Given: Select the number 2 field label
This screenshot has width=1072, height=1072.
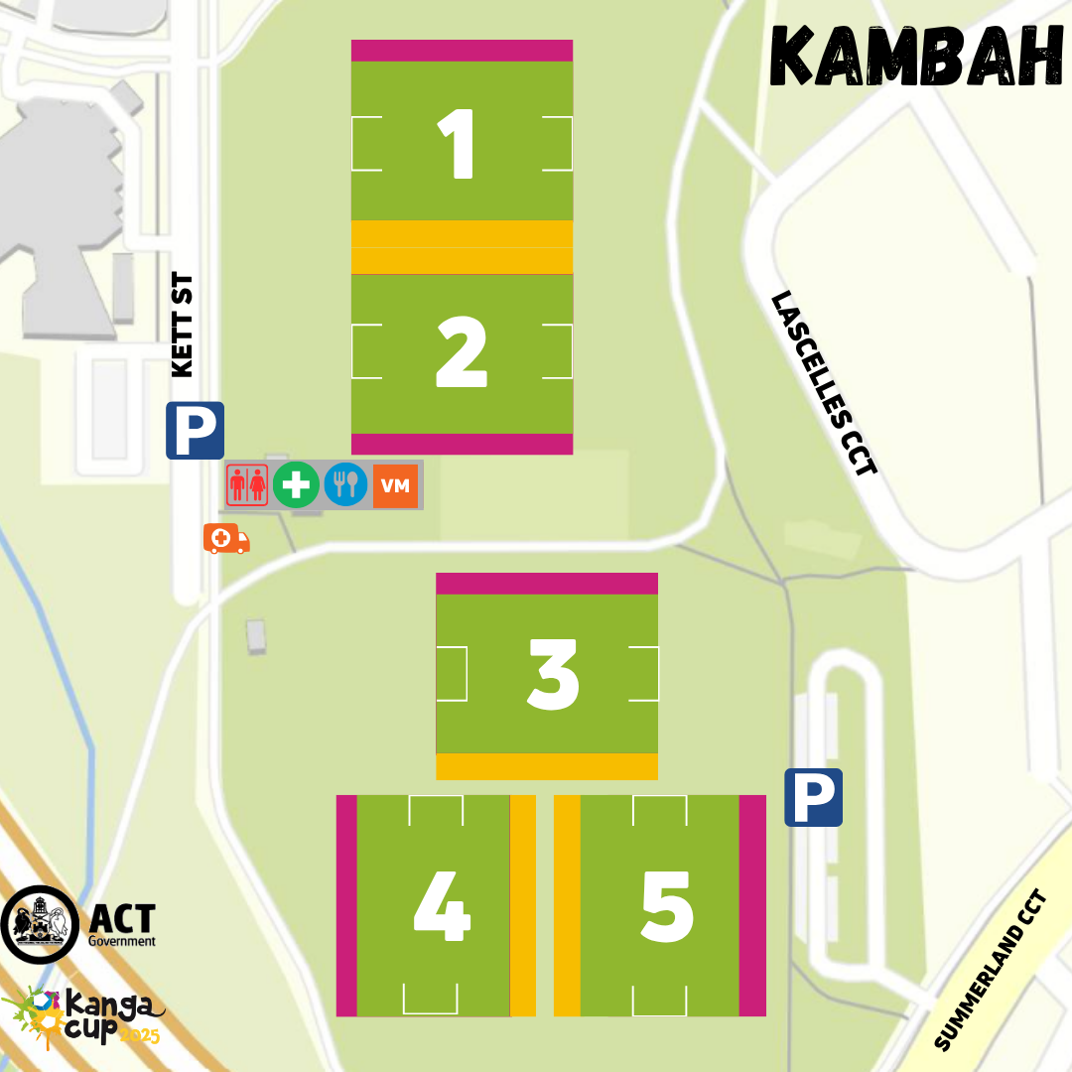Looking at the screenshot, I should (x=462, y=354).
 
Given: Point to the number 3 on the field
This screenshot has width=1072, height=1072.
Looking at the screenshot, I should (x=553, y=675).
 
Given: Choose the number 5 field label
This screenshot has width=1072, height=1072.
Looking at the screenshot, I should (x=667, y=907).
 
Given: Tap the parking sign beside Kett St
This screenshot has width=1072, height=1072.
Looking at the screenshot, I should (x=195, y=430).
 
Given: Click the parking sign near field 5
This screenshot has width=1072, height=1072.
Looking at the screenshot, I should (x=813, y=797).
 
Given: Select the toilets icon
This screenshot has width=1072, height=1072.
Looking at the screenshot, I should (x=246, y=485).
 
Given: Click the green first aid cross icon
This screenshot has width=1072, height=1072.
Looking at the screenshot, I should (x=296, y=485).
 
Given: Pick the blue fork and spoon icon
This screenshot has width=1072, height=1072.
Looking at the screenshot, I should (x=345, y=485).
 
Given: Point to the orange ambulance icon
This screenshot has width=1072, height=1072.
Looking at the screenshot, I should (x=225, y=539).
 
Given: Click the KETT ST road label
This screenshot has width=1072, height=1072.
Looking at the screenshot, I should (x=183, y=326).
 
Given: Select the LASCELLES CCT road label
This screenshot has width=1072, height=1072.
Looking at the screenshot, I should (x=825, y=383).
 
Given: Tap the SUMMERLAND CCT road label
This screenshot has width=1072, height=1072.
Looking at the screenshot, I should (x=991, y=970).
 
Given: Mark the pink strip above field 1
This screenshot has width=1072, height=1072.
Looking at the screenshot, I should (x=462, y=51).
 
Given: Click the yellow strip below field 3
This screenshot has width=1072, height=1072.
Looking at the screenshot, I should (x=547, y=766).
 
